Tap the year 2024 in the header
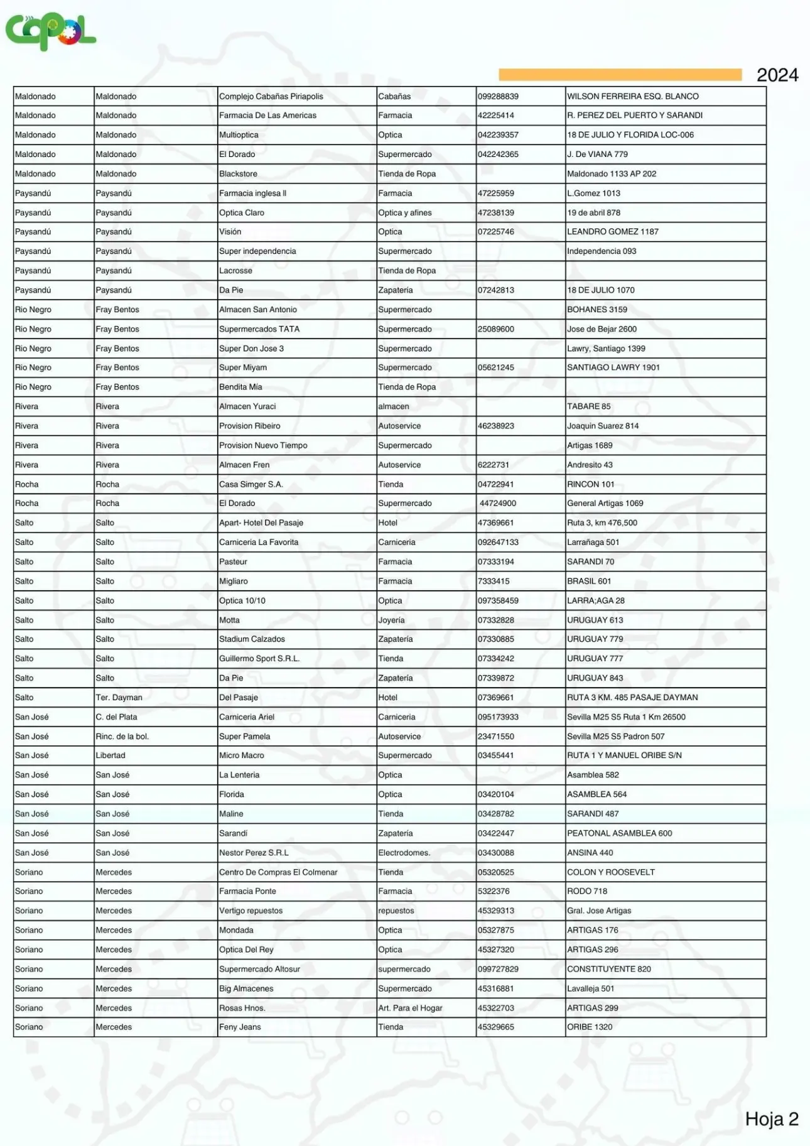pyautogui.click(x=777, y=75)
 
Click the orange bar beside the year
pyautogui.click(x=620, y=75)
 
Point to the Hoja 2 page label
pyautogui.click(x=771, y=1118)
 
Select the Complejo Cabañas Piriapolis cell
pyautogui.click(x=271, y=96)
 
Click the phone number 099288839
pyautogui.click(x=498, y=96)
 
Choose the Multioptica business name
pyautogui.click(x=239, y=135)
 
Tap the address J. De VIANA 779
pyautogui.click(x=597, y=154)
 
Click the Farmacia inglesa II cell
pyautogui.click(x=252, y=193)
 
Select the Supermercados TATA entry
pyautogui.click(x=259, y=329)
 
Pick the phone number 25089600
pyautogui.click(x=496, y=329)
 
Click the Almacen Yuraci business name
pyautogui.click(x=247, y=406)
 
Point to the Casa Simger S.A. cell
pyautogui.click(x=251, y=484)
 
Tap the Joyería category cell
pyautogui.click(x=391, y=620)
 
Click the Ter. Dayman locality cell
pyautogui.click(x=119, y=697)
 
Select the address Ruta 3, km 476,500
pyautogui.click(x=602, y=522)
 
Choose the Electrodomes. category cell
pyautogui.click(x=404, y=853)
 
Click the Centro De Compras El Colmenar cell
pyautogui.click(x=278, y=872)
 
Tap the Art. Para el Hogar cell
pyautogui.click(x=410, y=1008)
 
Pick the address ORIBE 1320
pyautogui.click(x=590, y=1027)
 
